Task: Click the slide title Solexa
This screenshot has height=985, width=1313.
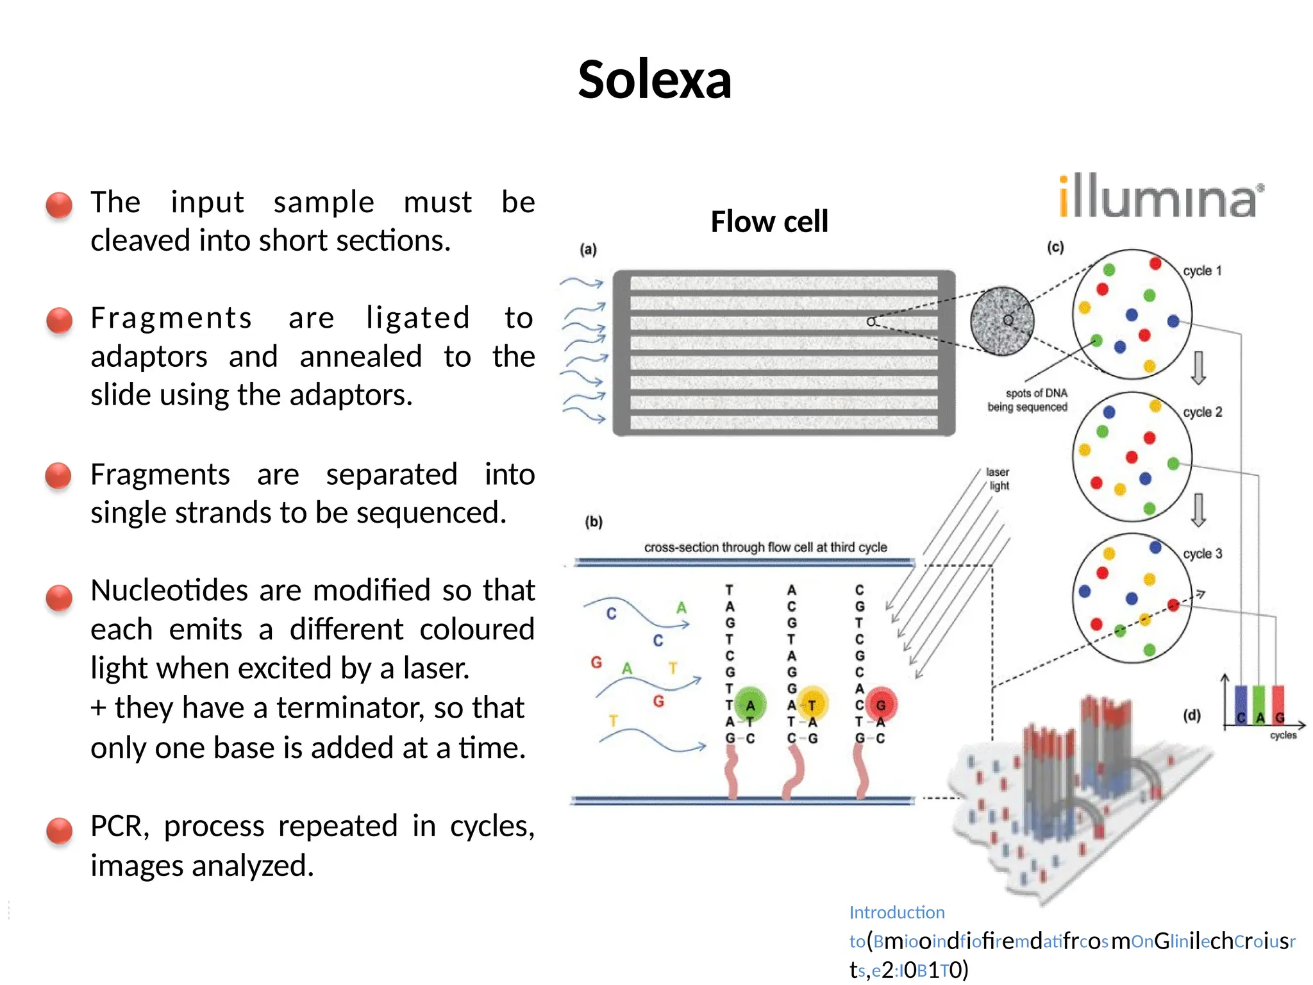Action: click(x=655, y=80)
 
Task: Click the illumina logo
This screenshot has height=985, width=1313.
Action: click(x=1160, y=197)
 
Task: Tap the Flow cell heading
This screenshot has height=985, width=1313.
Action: click(x=769, y=222)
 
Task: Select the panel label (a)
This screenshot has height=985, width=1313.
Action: click(x=588, y=249)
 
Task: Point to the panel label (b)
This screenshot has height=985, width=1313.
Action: click(x=594, y=522)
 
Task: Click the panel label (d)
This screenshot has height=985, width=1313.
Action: click(x=1192, y=715)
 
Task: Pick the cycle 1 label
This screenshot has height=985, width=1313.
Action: click(x=1202, y=271)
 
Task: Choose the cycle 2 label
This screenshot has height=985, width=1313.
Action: click(x=1203, y=412)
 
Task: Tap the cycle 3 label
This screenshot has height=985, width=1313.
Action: click(x=1203, y=553)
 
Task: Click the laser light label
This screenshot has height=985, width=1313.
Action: click(x=998, y=479)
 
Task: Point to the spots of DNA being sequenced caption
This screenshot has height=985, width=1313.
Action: click(x=1028, y=400)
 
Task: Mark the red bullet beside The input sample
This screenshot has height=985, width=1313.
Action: click(x=59, y=205)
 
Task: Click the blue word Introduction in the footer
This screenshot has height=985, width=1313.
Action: click(x=897, y=913)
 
